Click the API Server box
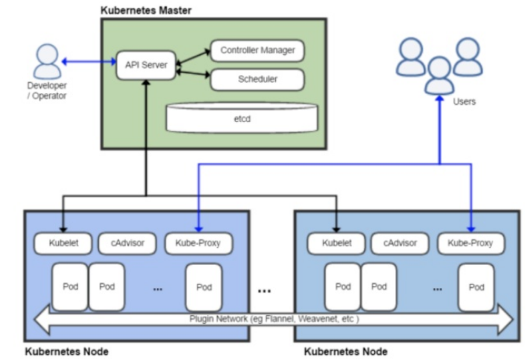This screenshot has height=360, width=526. pos(145,65)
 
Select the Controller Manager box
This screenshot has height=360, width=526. pos(257,51)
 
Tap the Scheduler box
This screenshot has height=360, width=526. pos(257,79)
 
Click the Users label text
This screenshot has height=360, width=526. pos(464,101)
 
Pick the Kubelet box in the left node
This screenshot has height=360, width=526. pos(63,243)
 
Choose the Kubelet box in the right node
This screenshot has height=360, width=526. pos(337,243)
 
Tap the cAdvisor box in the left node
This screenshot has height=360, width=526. pos(129,243)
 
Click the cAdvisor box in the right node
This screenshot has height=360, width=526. pos(401,243)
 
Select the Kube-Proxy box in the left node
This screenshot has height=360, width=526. pos(198,243)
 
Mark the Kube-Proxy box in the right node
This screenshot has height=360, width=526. pos(471,243)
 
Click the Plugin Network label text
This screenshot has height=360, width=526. pos(273,319)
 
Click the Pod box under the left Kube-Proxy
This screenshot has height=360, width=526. pos(204,287)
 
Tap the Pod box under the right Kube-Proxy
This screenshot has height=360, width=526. pos(477,287)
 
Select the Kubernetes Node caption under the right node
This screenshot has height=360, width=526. pos(346,351)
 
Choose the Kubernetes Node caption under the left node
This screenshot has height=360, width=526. pos(66,351)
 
